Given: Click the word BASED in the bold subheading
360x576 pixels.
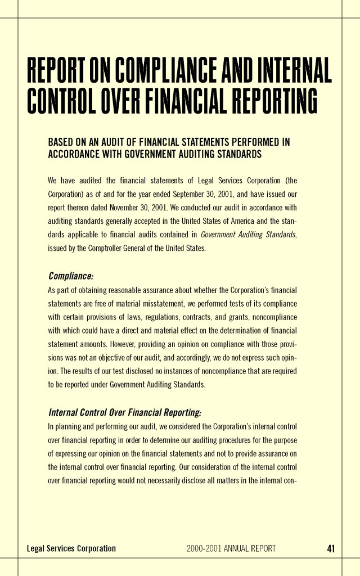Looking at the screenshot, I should tap(61, 142).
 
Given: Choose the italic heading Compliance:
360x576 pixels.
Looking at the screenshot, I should tap(70, 276).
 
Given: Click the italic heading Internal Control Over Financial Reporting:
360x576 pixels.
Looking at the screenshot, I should tap(124, 412).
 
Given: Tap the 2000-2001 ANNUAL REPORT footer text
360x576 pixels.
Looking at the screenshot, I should tap(231, 548).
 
